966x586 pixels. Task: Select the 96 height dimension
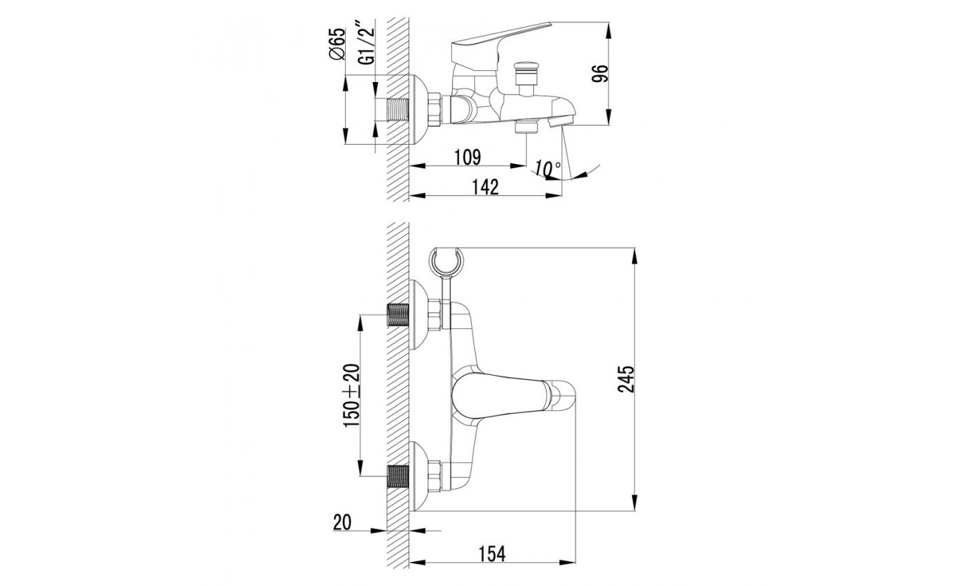pos(600,74)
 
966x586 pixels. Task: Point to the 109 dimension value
pos(468,157)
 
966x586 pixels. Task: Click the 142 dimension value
pos(485,187)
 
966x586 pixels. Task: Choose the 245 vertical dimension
pos(627,379)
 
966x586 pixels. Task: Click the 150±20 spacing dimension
pos(351,396)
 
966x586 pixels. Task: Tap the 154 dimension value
pos(491,554)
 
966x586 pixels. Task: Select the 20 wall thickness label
pos(342,523)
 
